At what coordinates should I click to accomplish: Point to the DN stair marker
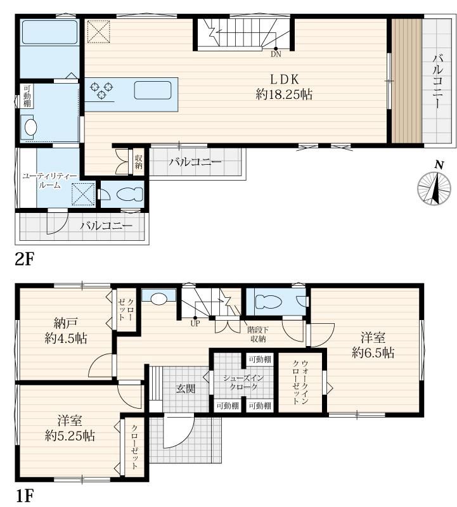click(276, 54)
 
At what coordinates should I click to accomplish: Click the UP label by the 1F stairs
click(195, 323)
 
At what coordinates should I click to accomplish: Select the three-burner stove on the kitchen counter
click(101, 90)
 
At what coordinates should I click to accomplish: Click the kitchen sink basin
click(153, 90)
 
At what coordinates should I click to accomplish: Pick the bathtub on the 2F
click(50, 32)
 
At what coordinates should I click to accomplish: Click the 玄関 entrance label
click(186, 388)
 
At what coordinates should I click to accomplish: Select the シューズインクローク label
click(243, 382)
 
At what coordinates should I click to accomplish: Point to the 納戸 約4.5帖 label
click(66, 330)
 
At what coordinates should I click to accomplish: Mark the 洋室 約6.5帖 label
click(373, 345)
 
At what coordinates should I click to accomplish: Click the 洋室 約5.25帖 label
click(70, 428)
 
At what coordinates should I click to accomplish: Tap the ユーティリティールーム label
click(49, 181)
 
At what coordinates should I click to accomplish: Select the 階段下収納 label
click(258, 335)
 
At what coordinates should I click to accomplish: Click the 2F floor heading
click(25, 259)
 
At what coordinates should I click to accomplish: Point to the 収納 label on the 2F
click(138, 162)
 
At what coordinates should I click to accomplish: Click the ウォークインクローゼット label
click(300, 383)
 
